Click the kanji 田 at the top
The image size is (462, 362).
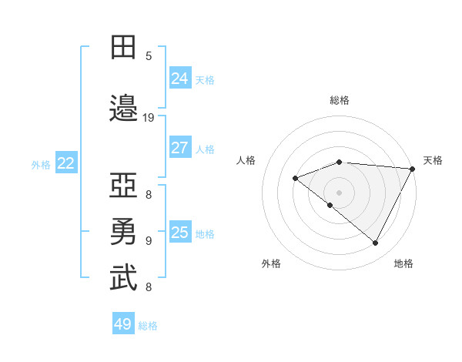point(123,48)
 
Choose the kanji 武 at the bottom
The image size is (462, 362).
point(123,277)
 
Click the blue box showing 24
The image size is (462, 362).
point(180,79)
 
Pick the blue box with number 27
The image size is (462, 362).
point(180,148)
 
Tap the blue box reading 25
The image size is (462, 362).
point(180,233)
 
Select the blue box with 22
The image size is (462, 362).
point(66,163)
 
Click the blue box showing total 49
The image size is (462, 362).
point(123,324)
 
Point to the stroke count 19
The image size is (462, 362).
point(149,118)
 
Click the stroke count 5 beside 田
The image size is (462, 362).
point(149,56)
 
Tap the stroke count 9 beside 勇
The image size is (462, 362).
point(149,240)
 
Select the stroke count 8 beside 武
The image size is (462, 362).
point(149,287)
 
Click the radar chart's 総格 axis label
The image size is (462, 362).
point(340,100)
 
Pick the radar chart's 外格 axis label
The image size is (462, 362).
point(271,263)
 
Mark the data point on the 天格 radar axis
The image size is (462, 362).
point(413,169)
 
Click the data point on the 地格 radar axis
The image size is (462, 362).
point(376,243)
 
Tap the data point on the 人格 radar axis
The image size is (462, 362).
point(295,178)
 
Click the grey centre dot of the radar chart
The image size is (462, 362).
point(339,192)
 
